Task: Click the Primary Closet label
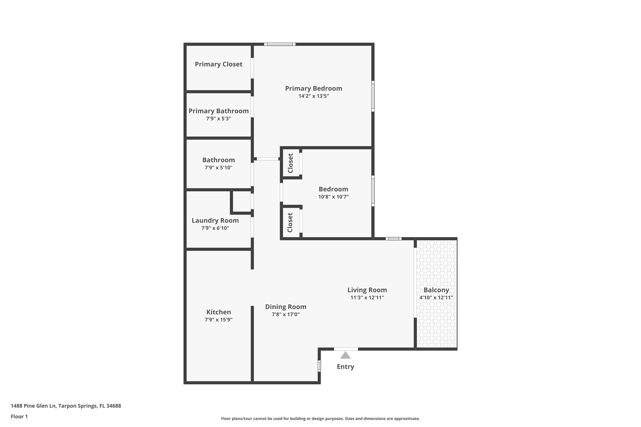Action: tap(218, 64)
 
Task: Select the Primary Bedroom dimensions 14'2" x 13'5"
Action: tap(313, 96)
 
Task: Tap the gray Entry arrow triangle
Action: tap(345, 355)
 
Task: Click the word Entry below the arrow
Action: tap(345, 367)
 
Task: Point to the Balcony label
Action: tap(436, 290)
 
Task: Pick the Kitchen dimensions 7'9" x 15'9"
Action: tap(218, 320)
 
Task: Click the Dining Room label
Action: tap(285, 307)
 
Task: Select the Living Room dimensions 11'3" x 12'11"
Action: tap(367, 298)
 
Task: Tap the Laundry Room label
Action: tap(215, 221)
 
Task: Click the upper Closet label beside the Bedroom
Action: tap(290, 163)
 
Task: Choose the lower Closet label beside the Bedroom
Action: tap(290, 222)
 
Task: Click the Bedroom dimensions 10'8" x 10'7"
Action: tap(333, 197)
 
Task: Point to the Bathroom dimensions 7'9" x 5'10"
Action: tap(218, 168)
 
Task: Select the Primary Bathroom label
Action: tap(218, 111)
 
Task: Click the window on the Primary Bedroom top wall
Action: tap(279, 44)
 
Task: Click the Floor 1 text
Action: tap(19, 417)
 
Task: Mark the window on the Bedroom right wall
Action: tap(373, 191)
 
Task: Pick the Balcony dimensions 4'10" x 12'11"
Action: tap(436, 298)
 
